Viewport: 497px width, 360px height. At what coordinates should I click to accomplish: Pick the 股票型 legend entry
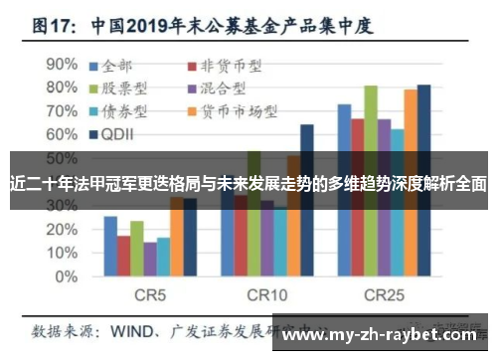tap(124, 89)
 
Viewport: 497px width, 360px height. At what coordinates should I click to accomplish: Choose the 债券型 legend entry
tap(124, 110)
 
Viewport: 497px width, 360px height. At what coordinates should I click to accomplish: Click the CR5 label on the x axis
tap(150, 294)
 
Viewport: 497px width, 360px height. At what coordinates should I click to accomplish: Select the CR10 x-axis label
tap(266, 294)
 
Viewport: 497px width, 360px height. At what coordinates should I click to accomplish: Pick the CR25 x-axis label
tap(384, 294)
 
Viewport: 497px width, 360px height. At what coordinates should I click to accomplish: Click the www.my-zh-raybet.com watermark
tap(384, 334)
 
